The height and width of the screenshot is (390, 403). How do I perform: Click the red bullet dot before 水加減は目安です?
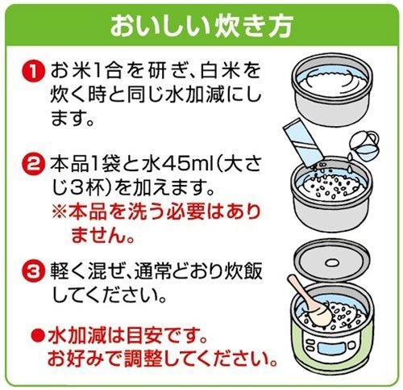[35, 334]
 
